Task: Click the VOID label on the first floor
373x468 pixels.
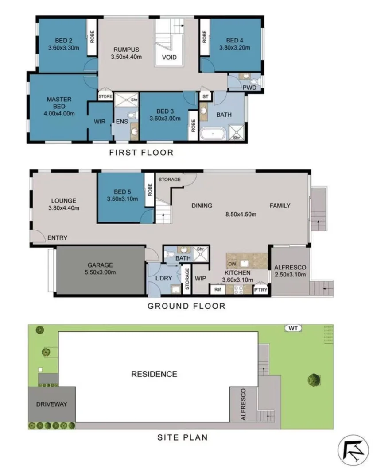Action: [169, 58]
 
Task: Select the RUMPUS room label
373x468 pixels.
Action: [126, 49]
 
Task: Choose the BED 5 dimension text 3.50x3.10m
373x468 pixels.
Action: [123, 199]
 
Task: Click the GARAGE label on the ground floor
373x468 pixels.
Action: [100, 265]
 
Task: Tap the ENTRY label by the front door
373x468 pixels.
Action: [58, 238]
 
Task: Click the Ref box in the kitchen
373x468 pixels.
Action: [218, 290]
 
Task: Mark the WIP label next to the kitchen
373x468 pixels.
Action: [201, 279]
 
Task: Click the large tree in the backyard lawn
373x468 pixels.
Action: [314, 379]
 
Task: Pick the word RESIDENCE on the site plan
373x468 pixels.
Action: [154, 374]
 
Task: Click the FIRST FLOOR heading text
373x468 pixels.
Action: [141, 153]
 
